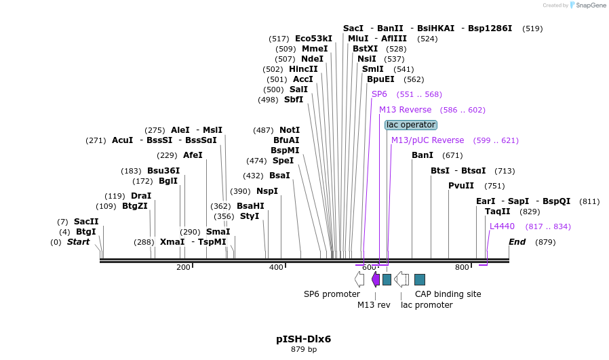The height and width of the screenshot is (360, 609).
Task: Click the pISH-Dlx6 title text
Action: (x=303, y=339)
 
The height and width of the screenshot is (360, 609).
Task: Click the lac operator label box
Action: (x=411, y=125)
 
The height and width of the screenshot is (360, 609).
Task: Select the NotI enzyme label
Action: (x=290, y=130)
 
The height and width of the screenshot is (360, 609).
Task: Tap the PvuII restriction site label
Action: (x=461, y=186)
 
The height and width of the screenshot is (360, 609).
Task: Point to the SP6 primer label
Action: (x=379, y=94)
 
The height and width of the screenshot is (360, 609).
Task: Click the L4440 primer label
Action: (x=502, y=226)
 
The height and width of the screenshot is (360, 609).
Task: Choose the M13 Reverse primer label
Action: (x=405, y=110)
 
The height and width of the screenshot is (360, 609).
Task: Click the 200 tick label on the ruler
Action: (x=183, y=268)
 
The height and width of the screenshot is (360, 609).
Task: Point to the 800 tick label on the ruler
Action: (x=462, y=268)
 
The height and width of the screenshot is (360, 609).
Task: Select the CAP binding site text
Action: (x=448, y=294)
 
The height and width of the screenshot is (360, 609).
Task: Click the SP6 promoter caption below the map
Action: (x=332, y=294)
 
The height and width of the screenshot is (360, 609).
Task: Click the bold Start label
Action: (x=78, y=242)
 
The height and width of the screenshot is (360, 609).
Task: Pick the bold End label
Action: (x=517, y=242)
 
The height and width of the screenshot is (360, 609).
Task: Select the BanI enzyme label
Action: (x=423, y=155)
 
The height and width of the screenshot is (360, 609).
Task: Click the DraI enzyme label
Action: (x=141, y=196)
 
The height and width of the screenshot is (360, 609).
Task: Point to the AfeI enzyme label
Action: (x=193, y=155)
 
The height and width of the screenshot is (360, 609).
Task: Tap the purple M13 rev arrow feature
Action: (x=376, y=279)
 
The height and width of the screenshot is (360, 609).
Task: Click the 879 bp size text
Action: (x=303, y=350)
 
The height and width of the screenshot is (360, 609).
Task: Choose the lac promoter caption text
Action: (x=427, y=305)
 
